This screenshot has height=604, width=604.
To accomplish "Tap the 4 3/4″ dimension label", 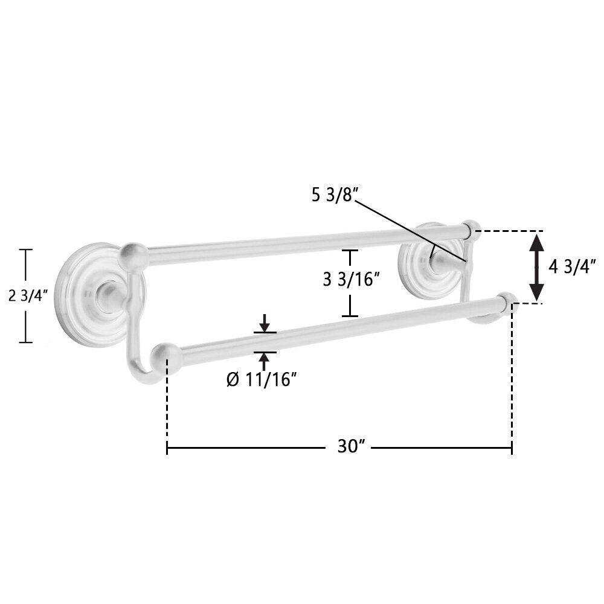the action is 573,266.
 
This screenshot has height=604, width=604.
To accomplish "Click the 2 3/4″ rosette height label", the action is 28,296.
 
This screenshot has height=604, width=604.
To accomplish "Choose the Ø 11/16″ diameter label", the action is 262,380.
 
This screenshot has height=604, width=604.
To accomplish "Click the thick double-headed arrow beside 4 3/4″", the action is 536,267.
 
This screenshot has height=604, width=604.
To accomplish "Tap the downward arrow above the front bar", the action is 265,323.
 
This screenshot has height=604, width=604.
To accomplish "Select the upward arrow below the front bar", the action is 265,361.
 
